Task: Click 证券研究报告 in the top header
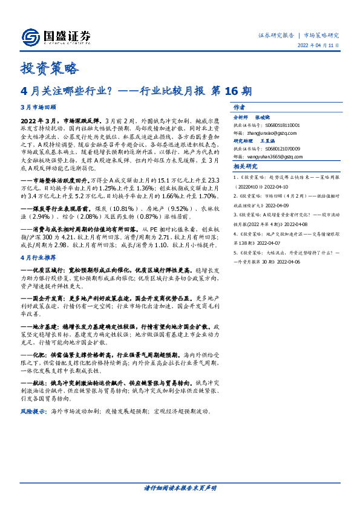(275, 35)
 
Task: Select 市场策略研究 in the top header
(321, 35)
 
